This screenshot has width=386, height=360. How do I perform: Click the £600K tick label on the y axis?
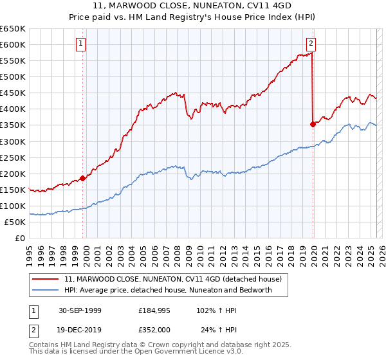[x=13, y=44]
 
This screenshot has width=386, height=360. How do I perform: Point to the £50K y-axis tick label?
[x=15, y=222]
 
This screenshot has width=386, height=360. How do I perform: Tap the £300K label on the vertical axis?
[x=13, y=141]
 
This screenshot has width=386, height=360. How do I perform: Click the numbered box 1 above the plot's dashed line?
[x=81, y=44]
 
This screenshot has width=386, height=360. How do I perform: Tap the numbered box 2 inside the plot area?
[x=311, y=44]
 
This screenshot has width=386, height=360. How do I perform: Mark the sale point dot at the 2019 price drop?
[x=313, y=124]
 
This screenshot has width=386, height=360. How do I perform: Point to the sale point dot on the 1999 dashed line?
[x=83, y=178]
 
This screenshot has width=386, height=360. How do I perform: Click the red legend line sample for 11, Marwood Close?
[x=46, y=279]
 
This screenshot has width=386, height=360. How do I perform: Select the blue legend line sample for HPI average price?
[x=46, y=290]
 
